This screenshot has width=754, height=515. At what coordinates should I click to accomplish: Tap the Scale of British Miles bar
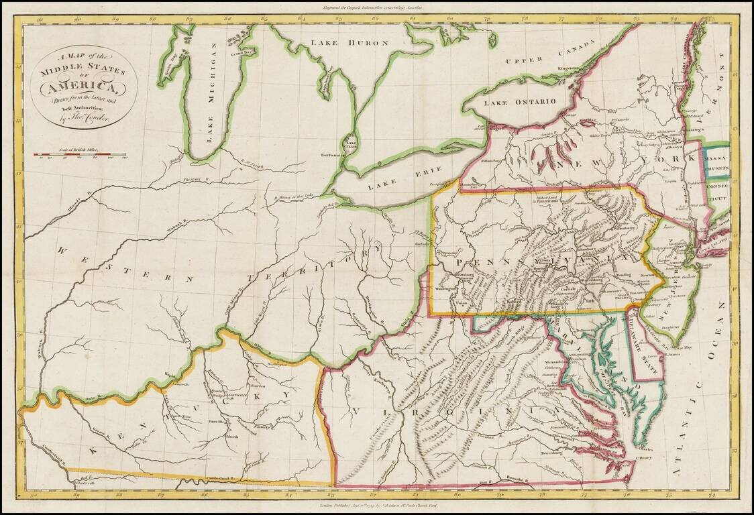(81, 154)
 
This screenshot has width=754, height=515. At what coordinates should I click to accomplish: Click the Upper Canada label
(551, 52)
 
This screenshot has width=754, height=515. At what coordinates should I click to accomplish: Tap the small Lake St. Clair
(349, 143)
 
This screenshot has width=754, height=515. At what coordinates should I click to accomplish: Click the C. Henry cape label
(643, 457)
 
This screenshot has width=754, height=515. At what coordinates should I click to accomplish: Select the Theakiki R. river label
(191, 170)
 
